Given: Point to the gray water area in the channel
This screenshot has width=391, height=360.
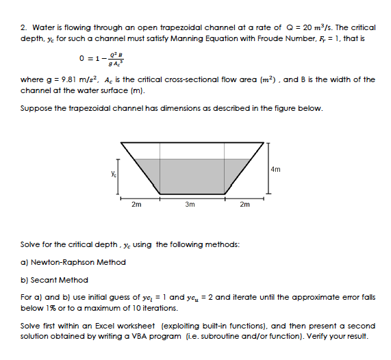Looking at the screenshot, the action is pyautogui.click(x=192, y=175).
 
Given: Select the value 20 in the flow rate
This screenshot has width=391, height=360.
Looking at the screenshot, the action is pyautogui.click(x=307, y=27).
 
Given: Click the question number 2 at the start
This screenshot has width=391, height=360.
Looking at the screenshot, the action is pyautogui.click(x=24, y=27).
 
